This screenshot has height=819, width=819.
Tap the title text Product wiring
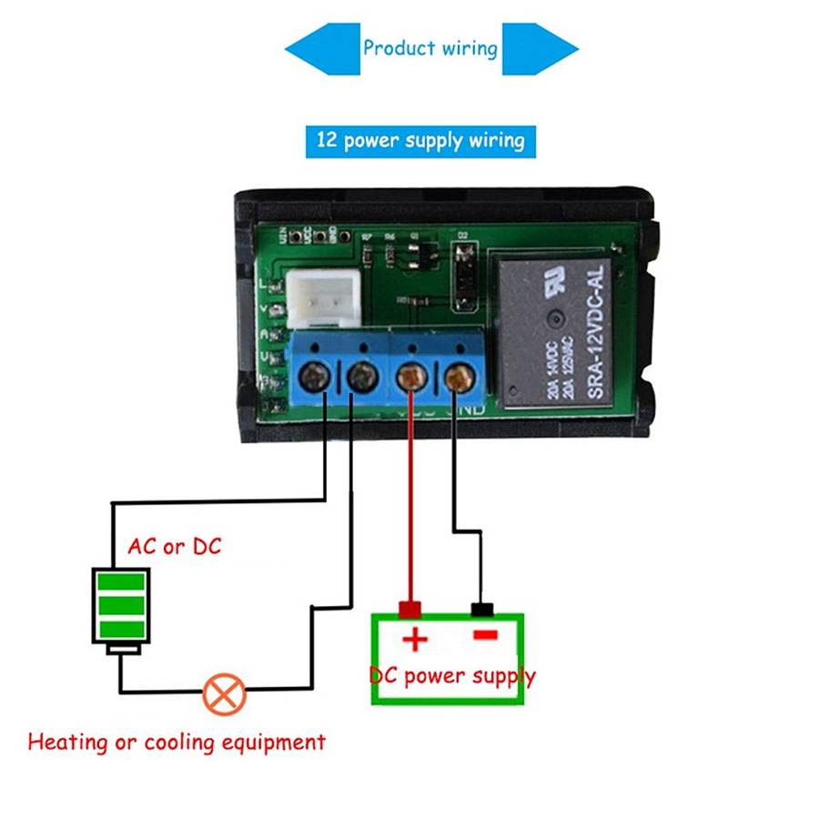430,48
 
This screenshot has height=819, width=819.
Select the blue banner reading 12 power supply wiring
420,141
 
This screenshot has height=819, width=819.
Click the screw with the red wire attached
411,374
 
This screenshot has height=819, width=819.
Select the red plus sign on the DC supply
415,640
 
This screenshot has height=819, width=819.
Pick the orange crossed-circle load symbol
224,693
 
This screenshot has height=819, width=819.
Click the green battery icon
121,606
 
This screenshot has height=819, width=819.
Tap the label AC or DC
174,547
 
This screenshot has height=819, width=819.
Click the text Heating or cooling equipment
177,742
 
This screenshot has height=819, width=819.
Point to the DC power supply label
452,676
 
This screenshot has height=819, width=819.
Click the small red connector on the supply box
410,609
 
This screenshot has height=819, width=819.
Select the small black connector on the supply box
481,609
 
